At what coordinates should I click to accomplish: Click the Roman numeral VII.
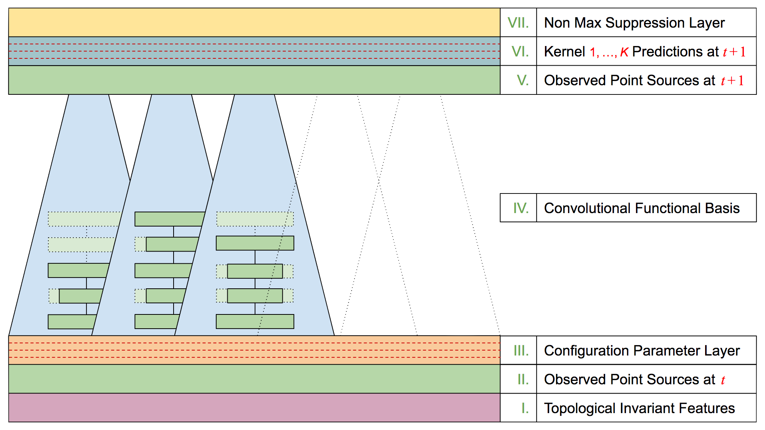(518, 23)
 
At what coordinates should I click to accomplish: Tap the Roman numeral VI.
(520, 51)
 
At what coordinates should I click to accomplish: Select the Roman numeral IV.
(521, 208)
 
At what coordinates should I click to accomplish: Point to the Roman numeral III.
(521, 351)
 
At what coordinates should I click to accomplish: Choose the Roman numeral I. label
(525, 408)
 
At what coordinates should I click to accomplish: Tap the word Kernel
(564, 51)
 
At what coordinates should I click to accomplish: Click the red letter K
(624, 52)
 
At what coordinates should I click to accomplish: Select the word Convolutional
(587, 208)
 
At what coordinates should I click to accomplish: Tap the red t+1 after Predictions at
(734, 51)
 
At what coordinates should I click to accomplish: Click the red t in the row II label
(723, 380)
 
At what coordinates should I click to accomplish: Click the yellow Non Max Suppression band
(253, 23)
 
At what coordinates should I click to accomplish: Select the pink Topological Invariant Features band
(253, 408)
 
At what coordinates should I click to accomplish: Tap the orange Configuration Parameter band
(253, 350)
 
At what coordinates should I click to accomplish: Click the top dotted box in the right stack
(255, 219)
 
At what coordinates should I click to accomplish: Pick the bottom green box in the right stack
(255, 321)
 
